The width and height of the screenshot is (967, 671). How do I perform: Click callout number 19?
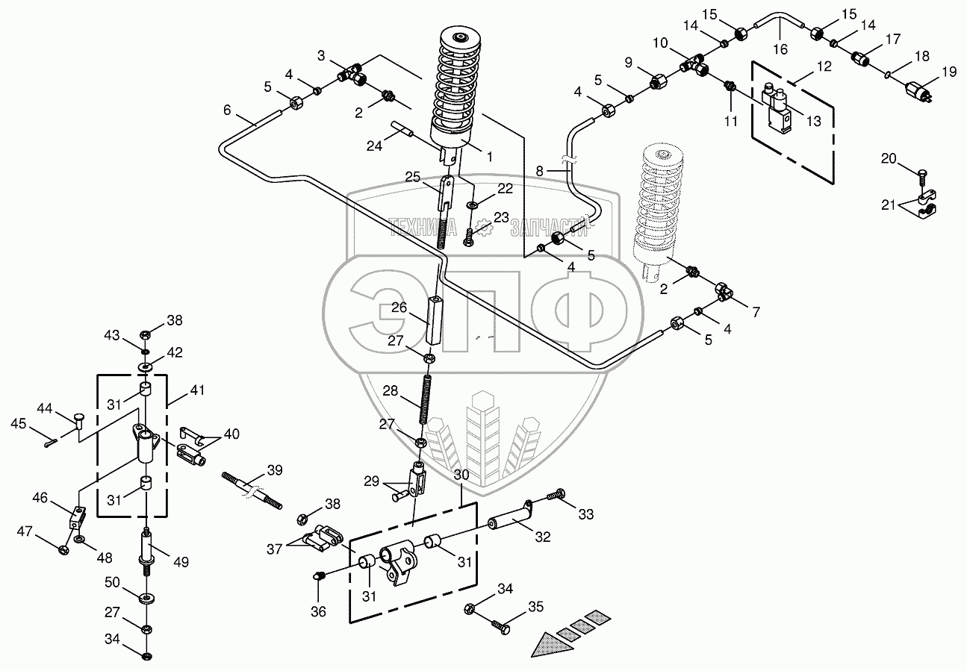(948, 72)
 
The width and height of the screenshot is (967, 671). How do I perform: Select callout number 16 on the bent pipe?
(780, 50)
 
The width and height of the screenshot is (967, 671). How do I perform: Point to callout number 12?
(823, 66)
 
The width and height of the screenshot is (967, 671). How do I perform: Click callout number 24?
(375, 146)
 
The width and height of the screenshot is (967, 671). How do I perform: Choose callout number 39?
(275, 470)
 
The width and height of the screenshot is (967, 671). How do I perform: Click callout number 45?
(18, 424)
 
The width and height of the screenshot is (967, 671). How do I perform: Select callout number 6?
(227, 110)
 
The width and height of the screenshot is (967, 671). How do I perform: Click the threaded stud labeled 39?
(252, 490)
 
